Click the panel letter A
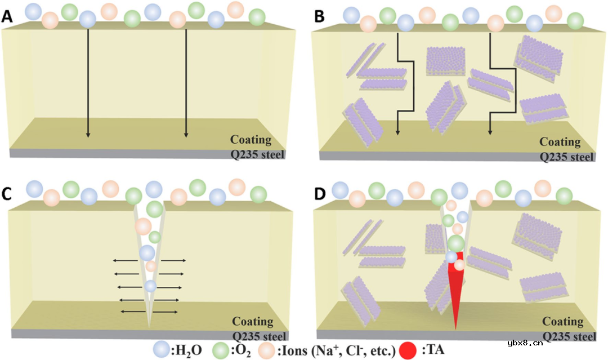[x=7, y=18]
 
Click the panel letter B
[x=319, y=18]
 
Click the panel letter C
[x=7, y=193]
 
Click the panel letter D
[x=319, y=193]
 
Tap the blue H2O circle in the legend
[x=163, y=350]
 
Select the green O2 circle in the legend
[x=221, y=350]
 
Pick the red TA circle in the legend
[x=408, y=350]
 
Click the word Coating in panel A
[x=252, y=140]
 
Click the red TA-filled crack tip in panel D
[x=455, y=299]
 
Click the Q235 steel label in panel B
[x=567, y=156]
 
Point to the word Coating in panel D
[x=563, y=321]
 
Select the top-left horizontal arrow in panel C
[x=124, y=261]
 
